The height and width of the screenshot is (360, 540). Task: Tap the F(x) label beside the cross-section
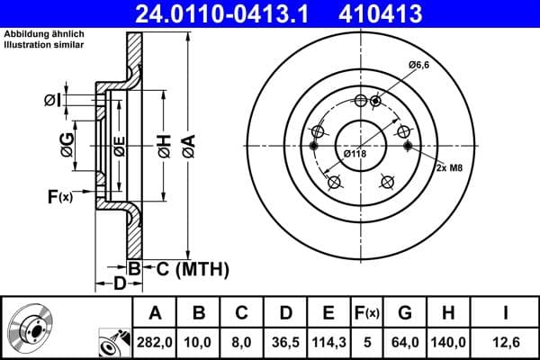[x=59, y=195]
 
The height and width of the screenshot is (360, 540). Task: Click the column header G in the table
[x=405, y=314]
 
